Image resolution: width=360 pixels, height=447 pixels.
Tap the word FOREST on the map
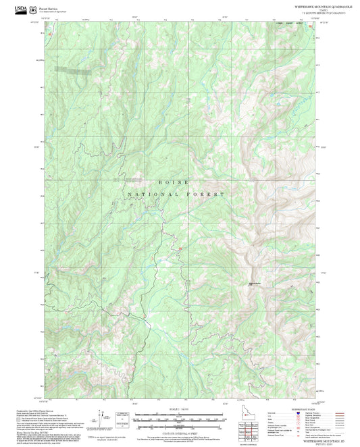point(206,194)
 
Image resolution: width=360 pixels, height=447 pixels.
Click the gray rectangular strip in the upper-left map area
point(72,69)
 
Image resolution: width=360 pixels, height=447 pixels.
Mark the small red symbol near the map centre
point(180,251)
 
